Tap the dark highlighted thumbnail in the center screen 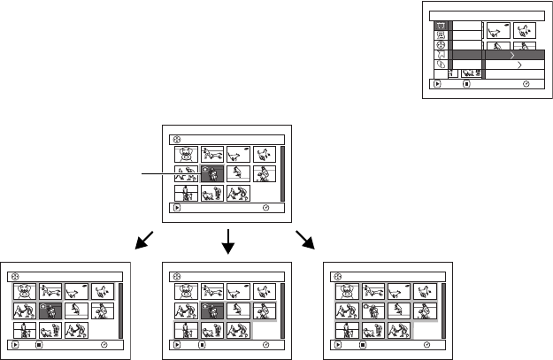(x=212, y=172)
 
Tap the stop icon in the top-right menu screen (x=466, y=86)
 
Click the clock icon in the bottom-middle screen (x=267, y=347)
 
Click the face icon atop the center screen (x=174, y=139)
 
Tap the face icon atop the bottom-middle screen (x=175, y=276)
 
